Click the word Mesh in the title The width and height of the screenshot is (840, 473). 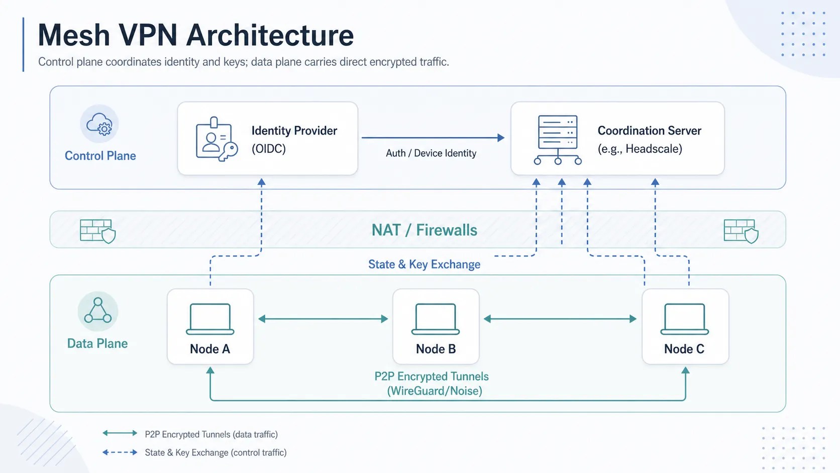[73, 35]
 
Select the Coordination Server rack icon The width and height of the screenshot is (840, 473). [558, 140]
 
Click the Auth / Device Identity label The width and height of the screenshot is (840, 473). [431, 153]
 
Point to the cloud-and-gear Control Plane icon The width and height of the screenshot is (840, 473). [99, 124]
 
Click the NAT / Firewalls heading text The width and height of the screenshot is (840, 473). [424, 230]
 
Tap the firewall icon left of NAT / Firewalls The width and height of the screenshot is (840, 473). [97, 231]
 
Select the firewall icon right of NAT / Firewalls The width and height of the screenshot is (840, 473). [741, 231]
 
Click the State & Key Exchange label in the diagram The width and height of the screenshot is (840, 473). [424, 264]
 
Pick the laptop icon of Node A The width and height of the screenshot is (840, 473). [210, 319]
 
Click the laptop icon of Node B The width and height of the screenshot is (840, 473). [436, 319]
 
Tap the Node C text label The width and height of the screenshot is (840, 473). [684, 349]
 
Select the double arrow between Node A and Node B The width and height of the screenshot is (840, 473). [323, 319]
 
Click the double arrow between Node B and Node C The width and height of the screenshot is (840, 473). [560, 319]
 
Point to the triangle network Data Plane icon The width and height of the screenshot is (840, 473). [98, 311]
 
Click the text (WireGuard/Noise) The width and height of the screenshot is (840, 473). [435, 391]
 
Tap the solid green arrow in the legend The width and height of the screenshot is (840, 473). [120, 433]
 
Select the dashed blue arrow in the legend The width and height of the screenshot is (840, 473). [120, 452]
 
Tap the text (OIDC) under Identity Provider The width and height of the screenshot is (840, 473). [268, 149]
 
